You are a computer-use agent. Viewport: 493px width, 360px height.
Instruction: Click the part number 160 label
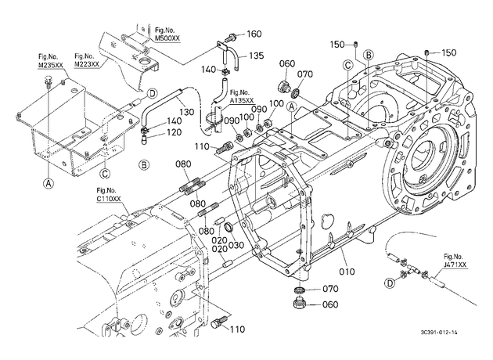coord(254,34)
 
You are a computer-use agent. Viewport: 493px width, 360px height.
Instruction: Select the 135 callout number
coord(256,56)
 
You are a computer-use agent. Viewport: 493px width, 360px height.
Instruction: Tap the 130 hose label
coord(187,112)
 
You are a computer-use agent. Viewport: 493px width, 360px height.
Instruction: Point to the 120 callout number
coord(175,132)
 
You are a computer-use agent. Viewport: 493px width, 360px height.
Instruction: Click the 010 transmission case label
coord(347,272)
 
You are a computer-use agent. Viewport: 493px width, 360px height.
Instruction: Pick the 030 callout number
coord(235,245)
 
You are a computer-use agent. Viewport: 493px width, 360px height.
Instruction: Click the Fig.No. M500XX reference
coord(167,34)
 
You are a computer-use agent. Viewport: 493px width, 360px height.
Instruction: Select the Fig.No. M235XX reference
coord(50,61)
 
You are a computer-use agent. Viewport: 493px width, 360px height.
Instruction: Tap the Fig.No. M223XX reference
coord(86,60)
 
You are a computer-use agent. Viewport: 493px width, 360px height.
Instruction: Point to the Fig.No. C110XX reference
coord(109,195)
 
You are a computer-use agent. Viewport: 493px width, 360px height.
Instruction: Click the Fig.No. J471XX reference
coord(455,261)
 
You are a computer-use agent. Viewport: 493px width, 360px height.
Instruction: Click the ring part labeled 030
coord(229,226)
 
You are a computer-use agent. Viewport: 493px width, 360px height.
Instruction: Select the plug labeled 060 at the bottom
coord(297,304)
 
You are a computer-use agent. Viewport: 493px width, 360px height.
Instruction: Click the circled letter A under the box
coord(48,183)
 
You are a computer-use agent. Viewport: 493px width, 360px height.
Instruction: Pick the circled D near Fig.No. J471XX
coord(390,283)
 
